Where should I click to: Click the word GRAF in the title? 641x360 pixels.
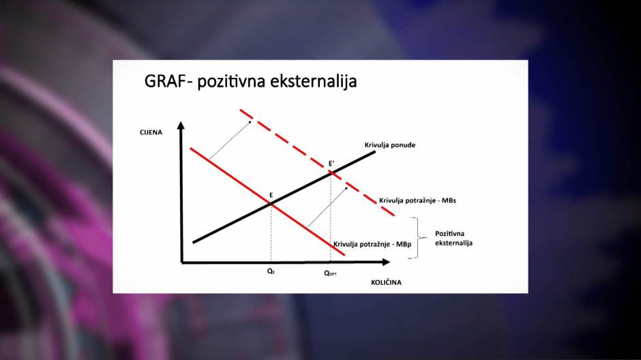[x=167, y=81]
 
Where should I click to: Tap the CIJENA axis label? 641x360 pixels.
[x=151, y=132]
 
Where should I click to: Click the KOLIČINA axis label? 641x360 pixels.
[x=386, y=282]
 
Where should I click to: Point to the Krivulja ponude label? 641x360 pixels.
[x=389, y=145]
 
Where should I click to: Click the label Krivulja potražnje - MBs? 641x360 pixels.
[x=417, y=200]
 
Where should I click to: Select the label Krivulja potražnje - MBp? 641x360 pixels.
[x=372, y=244]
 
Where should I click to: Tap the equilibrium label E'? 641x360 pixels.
[x=331, y=164]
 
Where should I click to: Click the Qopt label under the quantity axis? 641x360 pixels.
[x=330, y=273]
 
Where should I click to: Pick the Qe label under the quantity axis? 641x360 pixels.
[x=271, y=271]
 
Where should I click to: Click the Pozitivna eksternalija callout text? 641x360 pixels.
[x=453, y=238]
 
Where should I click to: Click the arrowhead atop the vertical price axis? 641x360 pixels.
[x=181, y=125]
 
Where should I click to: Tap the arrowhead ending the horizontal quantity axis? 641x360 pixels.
[x=385, y=262]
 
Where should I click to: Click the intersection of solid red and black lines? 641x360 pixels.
[x=271, y=203]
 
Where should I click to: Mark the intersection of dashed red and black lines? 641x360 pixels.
[x=331, y=174]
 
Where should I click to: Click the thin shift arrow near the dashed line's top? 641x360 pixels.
[x=230, y=140]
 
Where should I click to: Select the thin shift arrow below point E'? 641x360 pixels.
[x=328, y=207]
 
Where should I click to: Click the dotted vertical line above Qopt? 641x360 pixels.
[x=330, y=218]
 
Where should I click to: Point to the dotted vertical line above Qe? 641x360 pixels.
[x=271, y=233]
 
